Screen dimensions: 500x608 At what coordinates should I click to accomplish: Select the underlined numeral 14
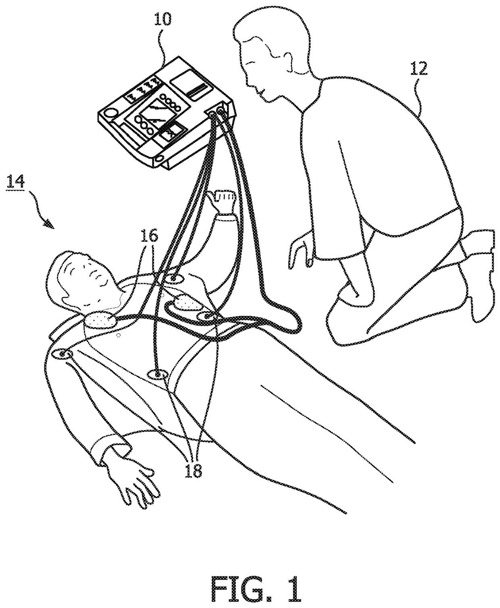[x=15, y=182]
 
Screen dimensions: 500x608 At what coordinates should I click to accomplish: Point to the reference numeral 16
[x=150, y=236]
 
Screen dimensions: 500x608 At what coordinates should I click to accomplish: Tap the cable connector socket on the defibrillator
[x=219, y=109]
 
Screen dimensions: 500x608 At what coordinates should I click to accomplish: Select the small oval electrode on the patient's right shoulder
[x=63, y=354]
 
